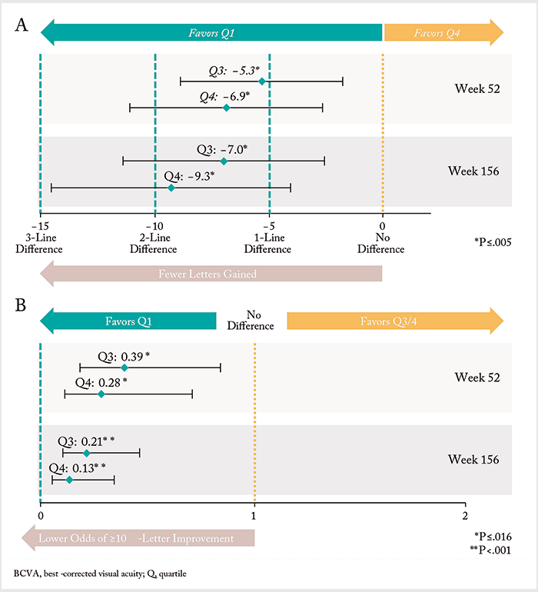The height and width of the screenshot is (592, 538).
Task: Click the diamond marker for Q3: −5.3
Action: click(x=262, y=81)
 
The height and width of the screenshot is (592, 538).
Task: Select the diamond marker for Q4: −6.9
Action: click(x=227, y=108)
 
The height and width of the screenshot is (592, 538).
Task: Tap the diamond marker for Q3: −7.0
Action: click(x=224, y=161)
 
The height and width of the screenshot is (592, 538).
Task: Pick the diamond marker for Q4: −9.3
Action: click(x=171, y=188)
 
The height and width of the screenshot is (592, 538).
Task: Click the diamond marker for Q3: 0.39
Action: click(x=125, y=368)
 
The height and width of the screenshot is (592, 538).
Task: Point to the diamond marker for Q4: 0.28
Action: click(x=101, y=394)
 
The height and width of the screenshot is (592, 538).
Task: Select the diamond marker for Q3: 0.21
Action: click(x=86, y=453)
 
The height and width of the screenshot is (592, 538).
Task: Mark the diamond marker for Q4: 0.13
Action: click(x=69, y=480)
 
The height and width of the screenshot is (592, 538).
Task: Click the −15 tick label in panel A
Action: click(x=41, y=226)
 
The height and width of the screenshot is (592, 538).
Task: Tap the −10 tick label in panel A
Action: click(x=154, y=226)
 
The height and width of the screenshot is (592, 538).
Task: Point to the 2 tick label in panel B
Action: click(x=465, y=516)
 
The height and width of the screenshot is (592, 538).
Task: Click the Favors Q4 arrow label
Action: click(x=437, y=33)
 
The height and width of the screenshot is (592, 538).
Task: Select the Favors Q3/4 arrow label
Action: click(x=388, y=321)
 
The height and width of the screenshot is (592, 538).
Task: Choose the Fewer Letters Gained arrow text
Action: click(x=208, y=274)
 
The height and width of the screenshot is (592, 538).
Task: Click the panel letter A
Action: click(x=22, y=25)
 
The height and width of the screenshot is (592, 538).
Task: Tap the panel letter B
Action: click(x=21, y=304)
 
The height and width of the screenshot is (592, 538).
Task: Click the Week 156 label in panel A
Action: click(x=473, y=171)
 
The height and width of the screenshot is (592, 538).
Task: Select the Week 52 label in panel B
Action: click(x=477, y=377)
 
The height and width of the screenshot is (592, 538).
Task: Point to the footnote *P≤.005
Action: click(x=493, y=242)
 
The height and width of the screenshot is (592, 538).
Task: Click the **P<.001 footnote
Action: click(x=490, y=550)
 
